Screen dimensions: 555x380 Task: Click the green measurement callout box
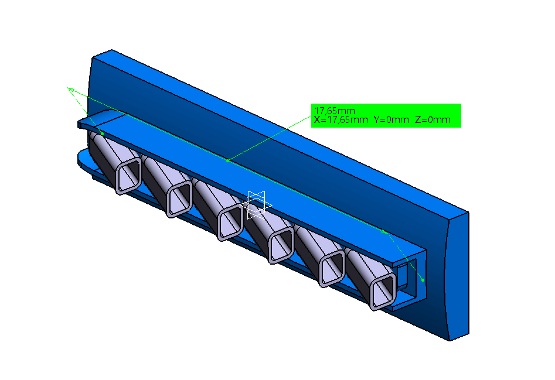(386, 115)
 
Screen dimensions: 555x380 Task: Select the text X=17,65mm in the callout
(341, 120)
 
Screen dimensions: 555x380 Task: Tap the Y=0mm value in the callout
(391, 120)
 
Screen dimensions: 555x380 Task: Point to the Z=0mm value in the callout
(433, 120)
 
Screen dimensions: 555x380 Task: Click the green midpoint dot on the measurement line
(227, 160)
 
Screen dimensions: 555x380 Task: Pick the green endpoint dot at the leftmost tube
(103, 133)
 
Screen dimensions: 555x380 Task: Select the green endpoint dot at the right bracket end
(423, 280)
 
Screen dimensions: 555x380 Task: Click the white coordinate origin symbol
(257, 205)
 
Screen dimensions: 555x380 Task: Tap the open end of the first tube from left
(128, 176)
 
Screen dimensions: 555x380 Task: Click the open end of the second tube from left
(179, 199)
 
